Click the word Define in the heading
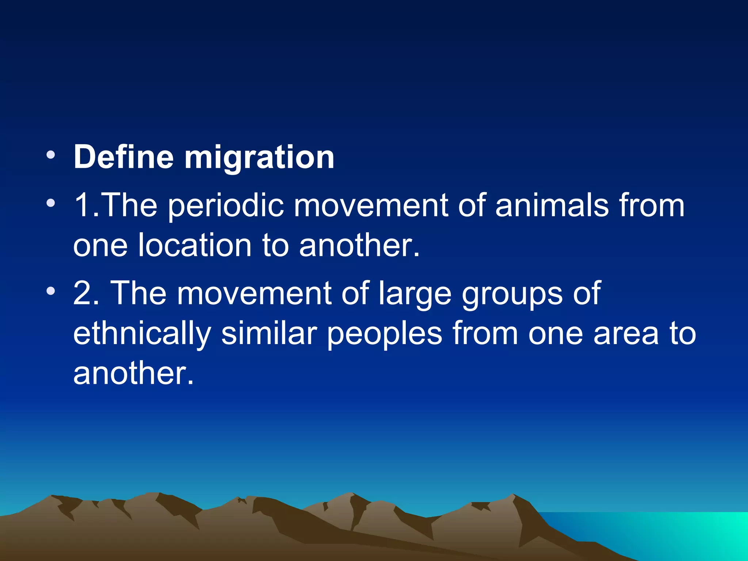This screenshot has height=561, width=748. click(x=123, y=157)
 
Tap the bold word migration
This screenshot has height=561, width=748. click(x=259, y=158)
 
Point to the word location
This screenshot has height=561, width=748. click(x=195, y=245)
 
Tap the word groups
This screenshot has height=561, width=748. click(x=512, y=294)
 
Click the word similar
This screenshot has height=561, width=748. click(x=269, y=333)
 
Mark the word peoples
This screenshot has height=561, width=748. click(x=384, y=335)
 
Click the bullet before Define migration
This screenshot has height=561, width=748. click(x=51, y=156)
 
